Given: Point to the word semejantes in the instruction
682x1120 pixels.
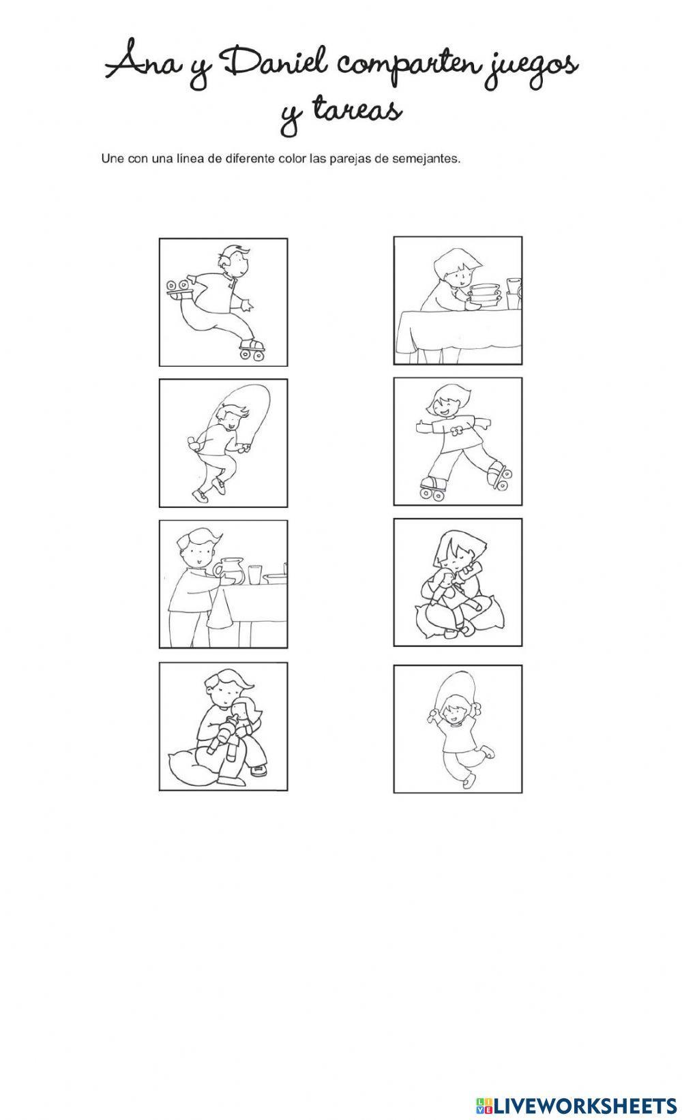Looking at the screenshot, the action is (426, 160).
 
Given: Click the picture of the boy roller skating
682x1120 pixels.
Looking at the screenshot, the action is (223, 302).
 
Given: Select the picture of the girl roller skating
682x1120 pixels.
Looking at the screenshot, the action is (458, 442).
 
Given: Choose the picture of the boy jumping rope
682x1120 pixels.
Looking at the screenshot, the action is (223, 443).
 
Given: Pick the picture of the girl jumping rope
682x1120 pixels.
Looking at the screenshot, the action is (458, 729).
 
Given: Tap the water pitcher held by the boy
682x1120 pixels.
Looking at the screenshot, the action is (229, 571).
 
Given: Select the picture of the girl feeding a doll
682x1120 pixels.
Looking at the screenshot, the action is (458, 582).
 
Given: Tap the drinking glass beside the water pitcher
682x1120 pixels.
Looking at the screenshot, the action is (254, 574).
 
